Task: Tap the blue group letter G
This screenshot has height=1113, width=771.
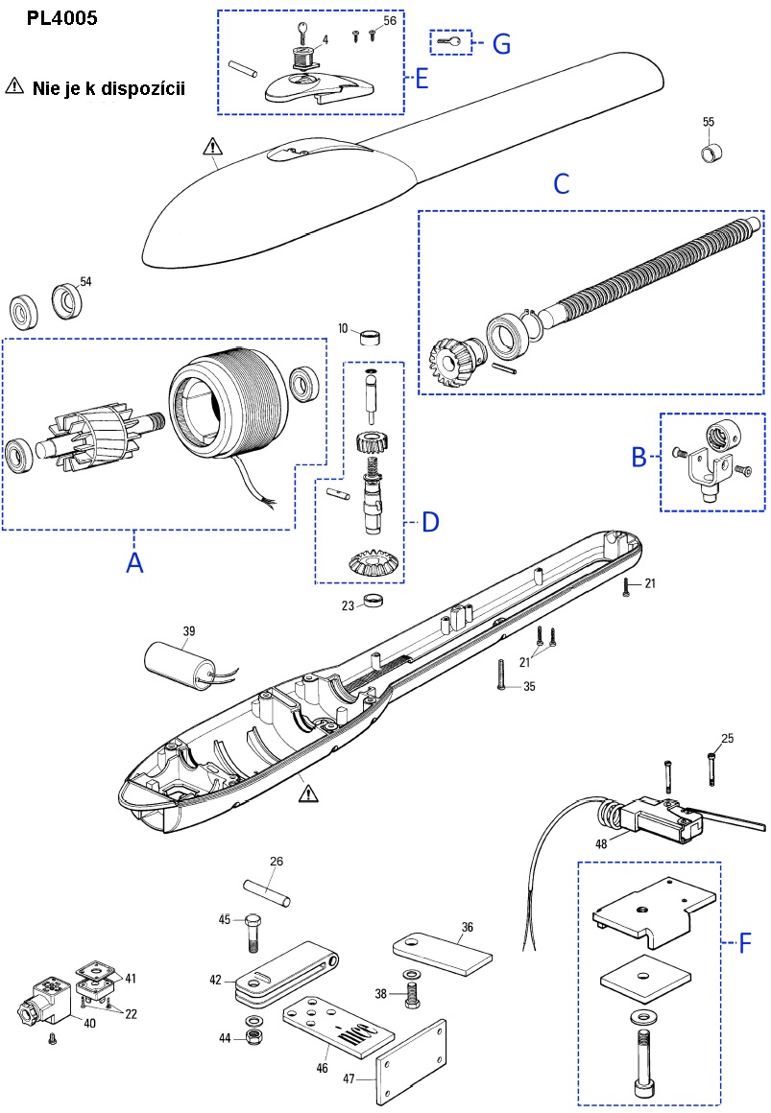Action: click(x=500, y=43)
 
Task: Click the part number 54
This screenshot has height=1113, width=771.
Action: click(x=85, y=281)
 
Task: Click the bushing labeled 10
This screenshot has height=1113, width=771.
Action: click(x=372, y=338)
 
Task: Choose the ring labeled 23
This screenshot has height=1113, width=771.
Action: click(x=373, y=604)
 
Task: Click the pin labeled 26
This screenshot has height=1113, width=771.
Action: click(x=269, y=889)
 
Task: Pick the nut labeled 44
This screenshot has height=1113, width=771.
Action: click(x=254, y=1039)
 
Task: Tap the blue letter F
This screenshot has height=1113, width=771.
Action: click(x=744, y=943)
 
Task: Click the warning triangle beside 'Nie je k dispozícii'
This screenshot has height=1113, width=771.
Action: click(x=14, y=85)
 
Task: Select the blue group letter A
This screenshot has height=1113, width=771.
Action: click(x=135, y=563)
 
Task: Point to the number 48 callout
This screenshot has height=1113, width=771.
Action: click(x=602, y=845)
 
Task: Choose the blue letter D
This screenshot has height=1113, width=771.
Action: click(x=430, y=522)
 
